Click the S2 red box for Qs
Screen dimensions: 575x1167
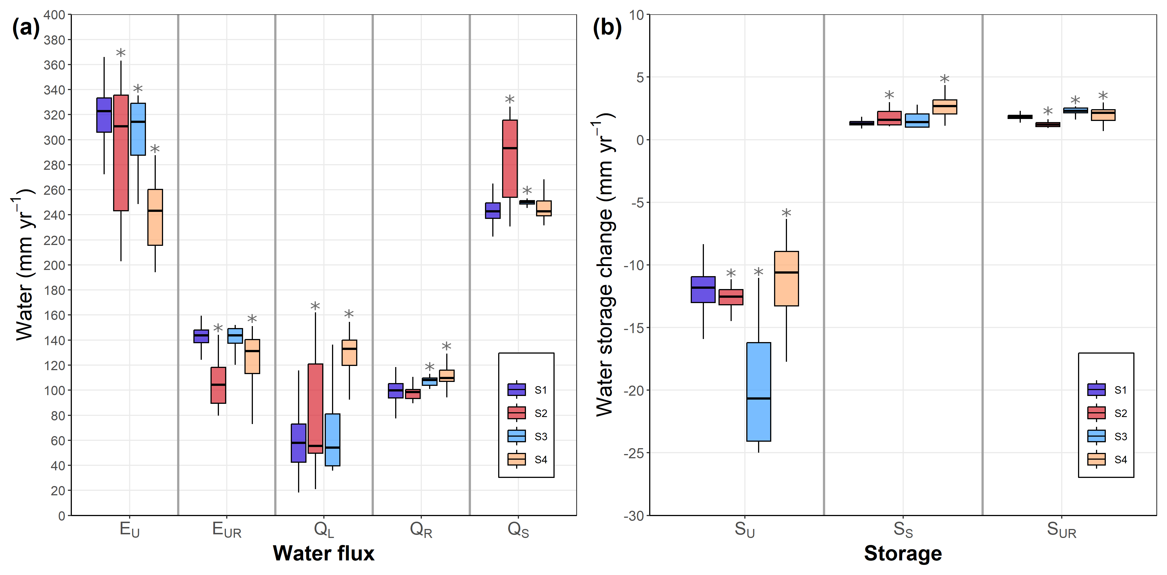510,159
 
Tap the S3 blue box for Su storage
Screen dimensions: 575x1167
758,392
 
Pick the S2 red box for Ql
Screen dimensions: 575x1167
315,408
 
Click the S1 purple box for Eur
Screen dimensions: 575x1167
201,336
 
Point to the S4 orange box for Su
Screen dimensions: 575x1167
786,279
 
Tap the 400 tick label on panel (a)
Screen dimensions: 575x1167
54,15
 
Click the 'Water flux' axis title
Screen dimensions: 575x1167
323,553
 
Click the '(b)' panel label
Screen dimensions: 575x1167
607,28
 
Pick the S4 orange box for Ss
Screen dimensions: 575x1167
944,107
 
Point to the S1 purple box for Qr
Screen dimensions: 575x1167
395,391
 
